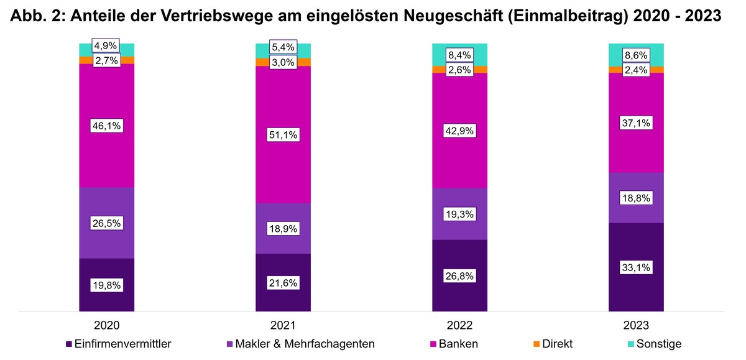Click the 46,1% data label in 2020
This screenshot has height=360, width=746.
pyautogui.click(x=106, y=126)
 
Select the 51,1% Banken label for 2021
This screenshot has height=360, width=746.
pyautogui.click(x=283, y=135)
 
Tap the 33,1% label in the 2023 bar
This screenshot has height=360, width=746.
pyautogui.click(x=636, y=267)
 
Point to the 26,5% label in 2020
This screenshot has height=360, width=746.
pyautogui.click(x=106, y=223)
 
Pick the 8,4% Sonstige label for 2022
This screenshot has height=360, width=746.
pyautogui.click(x=459, y=55)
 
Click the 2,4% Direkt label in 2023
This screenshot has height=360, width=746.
pyautogui.click(x=636, y=70)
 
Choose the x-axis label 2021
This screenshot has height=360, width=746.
pyautogui.click(x=283, y=325)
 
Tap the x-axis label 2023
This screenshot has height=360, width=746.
pyautogui.click(x=636, y=325)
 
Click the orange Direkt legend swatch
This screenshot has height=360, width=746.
pyautogui.click(x=536, y=344)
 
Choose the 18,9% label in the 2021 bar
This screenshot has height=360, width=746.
pyautogui.click(x=283, y=228)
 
